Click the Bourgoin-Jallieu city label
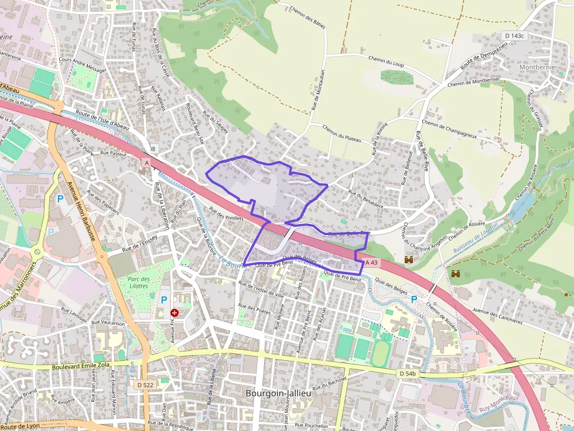(279, 394)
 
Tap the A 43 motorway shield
(371, 263)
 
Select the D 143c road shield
(514, 36)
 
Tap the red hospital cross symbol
(174, 313)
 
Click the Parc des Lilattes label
(139, 282)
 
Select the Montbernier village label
(538, 67)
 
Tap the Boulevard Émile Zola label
(80, 366)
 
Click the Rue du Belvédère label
(365, 199)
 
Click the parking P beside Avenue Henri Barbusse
(60, 199)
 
